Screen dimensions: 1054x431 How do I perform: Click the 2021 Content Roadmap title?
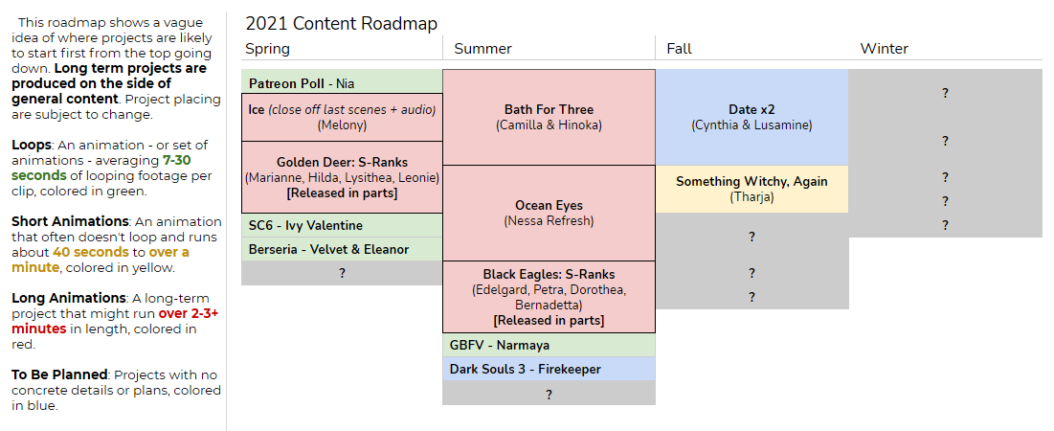(342, 24)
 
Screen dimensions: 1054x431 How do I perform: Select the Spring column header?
(267, 49)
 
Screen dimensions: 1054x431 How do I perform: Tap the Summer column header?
(482, 49)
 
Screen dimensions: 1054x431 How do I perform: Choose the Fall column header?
(679, 49)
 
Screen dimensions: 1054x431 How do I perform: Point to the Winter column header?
(884, 49)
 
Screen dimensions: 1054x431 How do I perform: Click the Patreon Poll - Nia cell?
(342, 83)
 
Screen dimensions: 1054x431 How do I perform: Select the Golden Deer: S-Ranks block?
(342, 177)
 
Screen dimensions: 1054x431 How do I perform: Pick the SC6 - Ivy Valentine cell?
(342, 226)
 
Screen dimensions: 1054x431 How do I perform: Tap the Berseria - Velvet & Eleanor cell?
(342, 249)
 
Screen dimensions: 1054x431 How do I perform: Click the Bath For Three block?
(549, 117)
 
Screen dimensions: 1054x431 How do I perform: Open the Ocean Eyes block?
(549, 214)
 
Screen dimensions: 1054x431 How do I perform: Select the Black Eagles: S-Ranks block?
(549, 297)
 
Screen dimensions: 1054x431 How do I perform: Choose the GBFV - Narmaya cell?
(549, 345)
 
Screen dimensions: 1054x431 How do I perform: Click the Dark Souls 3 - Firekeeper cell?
(549, 369)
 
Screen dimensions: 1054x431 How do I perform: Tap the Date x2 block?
(751, 117)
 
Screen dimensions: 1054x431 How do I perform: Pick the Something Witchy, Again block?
(751, 190)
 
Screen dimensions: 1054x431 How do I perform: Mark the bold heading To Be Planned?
(59, 374)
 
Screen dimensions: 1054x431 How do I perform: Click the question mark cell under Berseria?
(342, 274)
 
